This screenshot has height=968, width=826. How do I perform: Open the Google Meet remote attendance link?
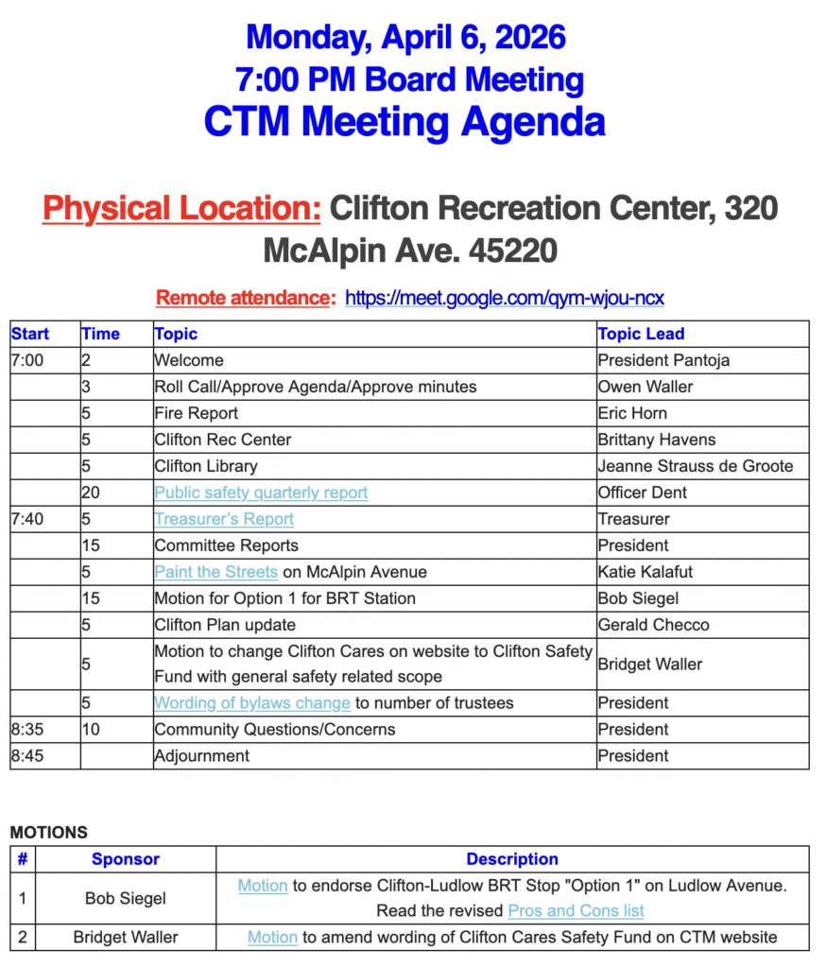(x=504, y=299)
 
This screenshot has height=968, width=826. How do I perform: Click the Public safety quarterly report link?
(x=261, y=493)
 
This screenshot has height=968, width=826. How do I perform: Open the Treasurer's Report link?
(x=224, y=519)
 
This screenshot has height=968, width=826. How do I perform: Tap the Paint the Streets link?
(x=215, y=572)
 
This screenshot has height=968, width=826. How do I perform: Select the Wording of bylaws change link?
(x=252, y=703)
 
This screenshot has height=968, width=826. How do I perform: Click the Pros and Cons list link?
(x=576, y=911)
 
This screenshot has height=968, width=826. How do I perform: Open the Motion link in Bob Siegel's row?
(x=263, y=886)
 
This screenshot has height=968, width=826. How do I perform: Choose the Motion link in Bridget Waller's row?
(x=272, y=938)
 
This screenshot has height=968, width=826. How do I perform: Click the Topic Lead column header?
(x=641, y=334)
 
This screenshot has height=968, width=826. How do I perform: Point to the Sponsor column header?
(x=126, y=859)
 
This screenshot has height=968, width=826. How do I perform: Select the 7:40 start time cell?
(x=27, y=519)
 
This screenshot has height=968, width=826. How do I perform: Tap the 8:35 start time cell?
(x=27, y=730)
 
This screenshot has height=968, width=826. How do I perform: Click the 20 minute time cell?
(x=91, y=493)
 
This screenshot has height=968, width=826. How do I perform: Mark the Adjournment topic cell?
(x=201, y=756)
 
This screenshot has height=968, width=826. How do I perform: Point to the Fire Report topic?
(x=196, y=413)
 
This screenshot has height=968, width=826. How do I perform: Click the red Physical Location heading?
(x=181, y=208)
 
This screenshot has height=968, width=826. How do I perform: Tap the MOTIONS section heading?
(x=48, y=833)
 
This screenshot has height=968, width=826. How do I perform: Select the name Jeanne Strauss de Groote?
(x=696, y=466)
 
